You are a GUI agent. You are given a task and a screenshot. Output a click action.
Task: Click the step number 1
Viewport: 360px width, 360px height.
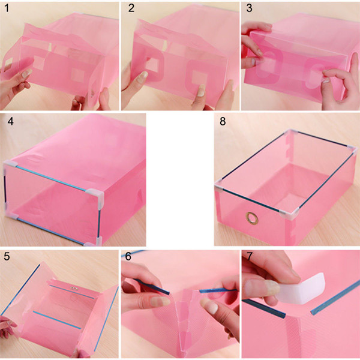7,8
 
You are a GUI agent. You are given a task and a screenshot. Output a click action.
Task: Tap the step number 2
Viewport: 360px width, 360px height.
131,8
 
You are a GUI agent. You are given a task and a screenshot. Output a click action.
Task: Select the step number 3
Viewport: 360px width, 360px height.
249,8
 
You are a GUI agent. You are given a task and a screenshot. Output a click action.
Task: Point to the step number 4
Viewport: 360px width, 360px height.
10,121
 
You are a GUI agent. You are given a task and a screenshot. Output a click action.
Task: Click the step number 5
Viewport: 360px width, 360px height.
7,256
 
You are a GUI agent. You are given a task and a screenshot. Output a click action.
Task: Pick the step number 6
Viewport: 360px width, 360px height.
128,256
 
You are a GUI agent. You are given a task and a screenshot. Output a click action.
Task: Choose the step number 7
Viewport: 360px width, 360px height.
249,256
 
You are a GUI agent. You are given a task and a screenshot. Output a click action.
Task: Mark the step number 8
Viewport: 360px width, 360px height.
223,121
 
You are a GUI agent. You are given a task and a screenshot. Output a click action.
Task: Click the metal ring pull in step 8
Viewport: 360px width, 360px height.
252,218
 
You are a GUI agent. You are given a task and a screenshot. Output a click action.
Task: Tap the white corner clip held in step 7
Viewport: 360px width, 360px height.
303,288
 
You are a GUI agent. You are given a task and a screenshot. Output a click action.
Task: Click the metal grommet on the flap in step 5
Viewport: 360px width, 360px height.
74,288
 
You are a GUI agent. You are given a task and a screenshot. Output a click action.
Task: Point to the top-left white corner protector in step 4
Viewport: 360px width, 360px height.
10,165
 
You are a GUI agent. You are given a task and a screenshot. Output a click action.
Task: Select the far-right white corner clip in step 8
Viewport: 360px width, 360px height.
353,149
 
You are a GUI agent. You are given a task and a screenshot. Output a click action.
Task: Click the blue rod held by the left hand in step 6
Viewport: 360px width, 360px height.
152,287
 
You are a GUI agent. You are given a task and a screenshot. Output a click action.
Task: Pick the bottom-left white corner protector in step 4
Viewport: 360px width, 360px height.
11,215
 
